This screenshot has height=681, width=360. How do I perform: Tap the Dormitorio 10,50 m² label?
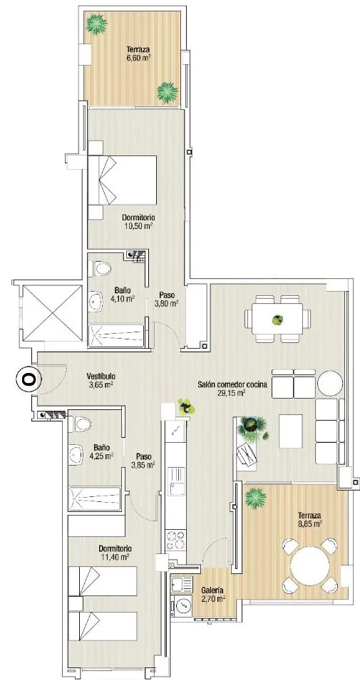[x=138, y=221]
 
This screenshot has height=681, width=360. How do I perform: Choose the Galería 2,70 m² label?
[x=212, y=594]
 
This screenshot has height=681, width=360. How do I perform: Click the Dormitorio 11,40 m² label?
[x=115, y=553]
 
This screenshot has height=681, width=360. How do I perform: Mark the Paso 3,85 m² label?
[x=144, y=461]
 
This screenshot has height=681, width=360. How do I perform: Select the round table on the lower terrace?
[x=310, y=566]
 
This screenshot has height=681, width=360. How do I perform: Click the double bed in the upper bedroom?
[x=122, y=180]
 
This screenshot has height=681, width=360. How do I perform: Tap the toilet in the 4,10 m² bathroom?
[x=102, y=269]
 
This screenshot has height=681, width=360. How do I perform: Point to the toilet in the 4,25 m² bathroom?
[x=83, y=424]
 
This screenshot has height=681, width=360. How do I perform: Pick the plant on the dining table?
[x=277, y=320]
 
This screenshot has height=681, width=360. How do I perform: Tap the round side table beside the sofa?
[x=331, y=383]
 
